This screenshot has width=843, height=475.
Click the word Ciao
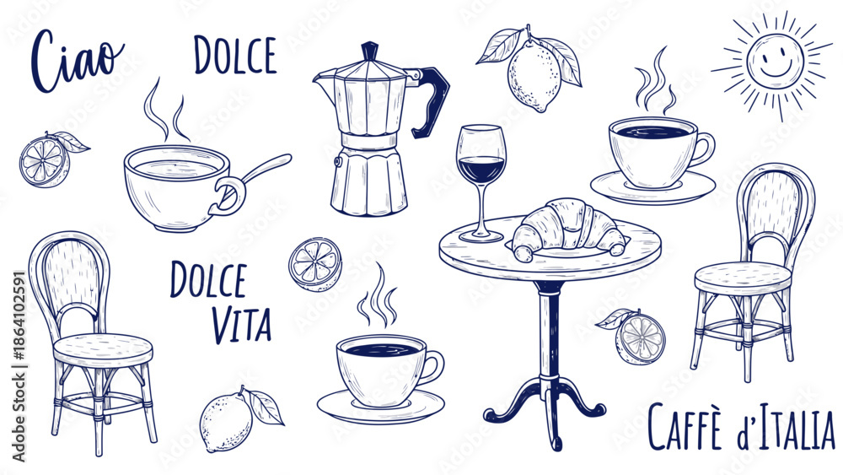pyautogui.click(x=78, y=60)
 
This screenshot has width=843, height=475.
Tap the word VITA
pyautogui.click(x=241, y=326)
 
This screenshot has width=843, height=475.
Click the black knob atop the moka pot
pyautogui.click(x=369, y=51)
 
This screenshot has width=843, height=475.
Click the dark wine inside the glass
pyautogui.click(x=481, y=170)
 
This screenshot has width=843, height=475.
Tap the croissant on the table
pyautogui.click(x=567, y=228)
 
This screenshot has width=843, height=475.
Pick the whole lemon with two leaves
pyautogui.click(x=533, y=71)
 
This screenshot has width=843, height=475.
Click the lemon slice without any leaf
pyautogui.click(x=315, y=264)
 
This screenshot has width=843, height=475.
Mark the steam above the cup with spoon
pyautogui.click(x=167, y=111)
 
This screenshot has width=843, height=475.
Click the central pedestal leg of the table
pyautogui.click(x=549, y=333)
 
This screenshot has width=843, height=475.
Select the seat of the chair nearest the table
pyautogui.click(x=743, y=278)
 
